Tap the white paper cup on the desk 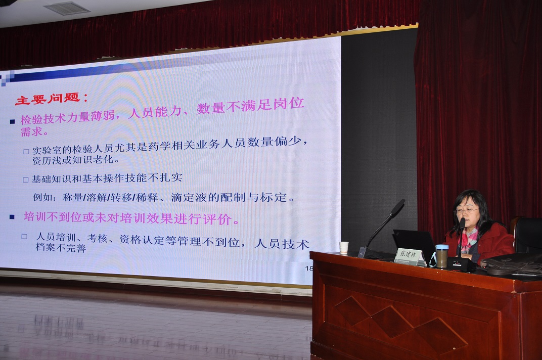click(x=344, y=248)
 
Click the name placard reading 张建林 click(x=410, y=257)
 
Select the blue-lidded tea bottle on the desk click(x=442, y=256)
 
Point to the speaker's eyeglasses click(x=466, y=210)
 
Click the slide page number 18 click(x=309, y=268)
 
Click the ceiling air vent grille click(x=67, y=8)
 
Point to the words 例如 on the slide click(x=42, y=198)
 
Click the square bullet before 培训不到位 click(x=12, y=217)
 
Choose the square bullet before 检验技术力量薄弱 click(x=13, y=121)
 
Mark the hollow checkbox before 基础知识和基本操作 click(x=25, y=180)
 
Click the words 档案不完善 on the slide click(x=61, y=248)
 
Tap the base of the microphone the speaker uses click(x=459, y=265)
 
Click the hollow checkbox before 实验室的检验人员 click(x=26, y=152)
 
